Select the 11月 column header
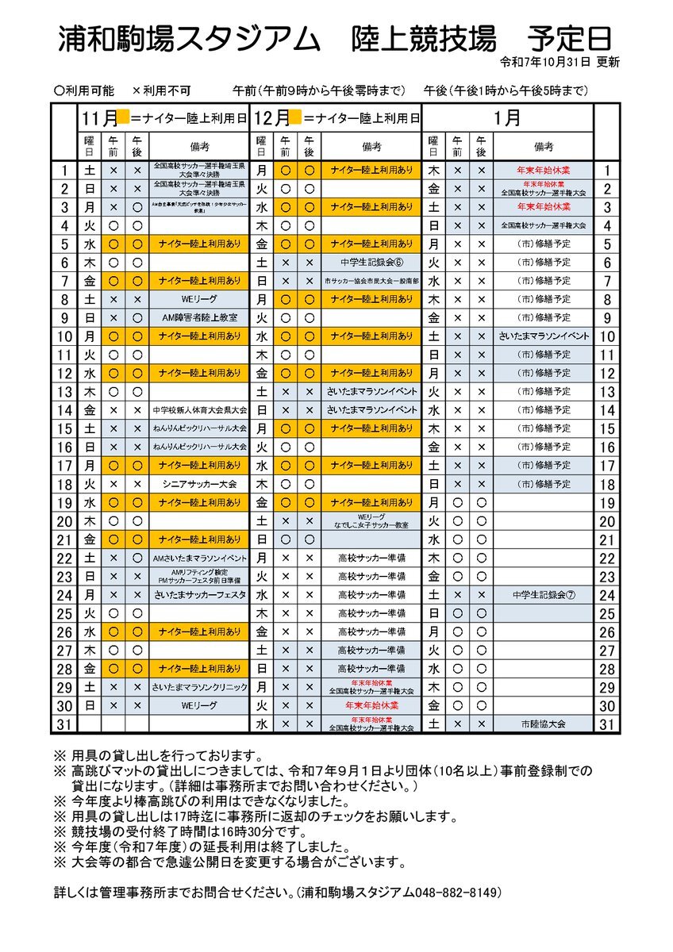(98, 119)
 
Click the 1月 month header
(507, 119)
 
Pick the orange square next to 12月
(294, 118)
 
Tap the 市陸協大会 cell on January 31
(544, 724)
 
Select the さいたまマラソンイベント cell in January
(544, 336)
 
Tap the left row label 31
(64, 724)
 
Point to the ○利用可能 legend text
(84, 90)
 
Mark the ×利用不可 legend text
(161, 90)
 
